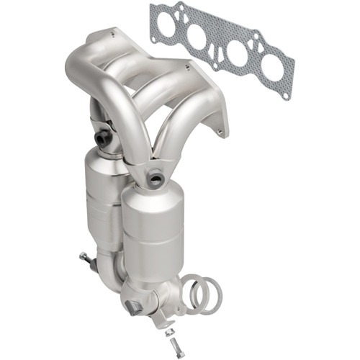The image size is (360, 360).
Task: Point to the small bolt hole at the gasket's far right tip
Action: pos(289,94)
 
